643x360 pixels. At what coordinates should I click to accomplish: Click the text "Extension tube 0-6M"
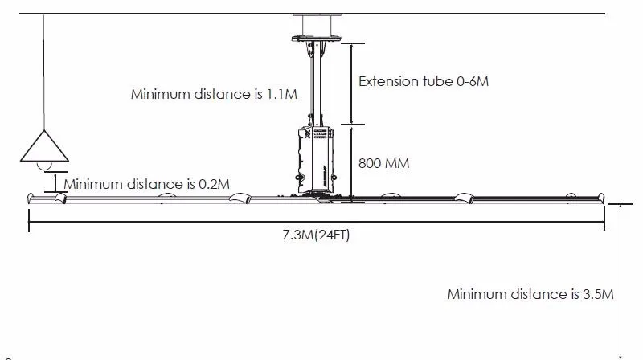click(424, 81)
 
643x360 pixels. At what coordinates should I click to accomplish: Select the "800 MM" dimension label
click(384, 163)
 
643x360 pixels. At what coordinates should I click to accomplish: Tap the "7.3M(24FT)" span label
click(316, 235)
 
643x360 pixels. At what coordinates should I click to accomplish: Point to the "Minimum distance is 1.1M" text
click(214, 94)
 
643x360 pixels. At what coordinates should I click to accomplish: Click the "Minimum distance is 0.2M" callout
click(147, 184)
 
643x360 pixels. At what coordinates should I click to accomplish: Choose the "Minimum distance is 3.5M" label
click(530, 294)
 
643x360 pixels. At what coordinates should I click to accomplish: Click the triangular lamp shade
click(44, 146)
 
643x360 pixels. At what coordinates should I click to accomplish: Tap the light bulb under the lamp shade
click(44, 166)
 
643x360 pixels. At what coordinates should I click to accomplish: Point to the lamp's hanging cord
click(44, 72)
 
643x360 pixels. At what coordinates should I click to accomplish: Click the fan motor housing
click(315, 159)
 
